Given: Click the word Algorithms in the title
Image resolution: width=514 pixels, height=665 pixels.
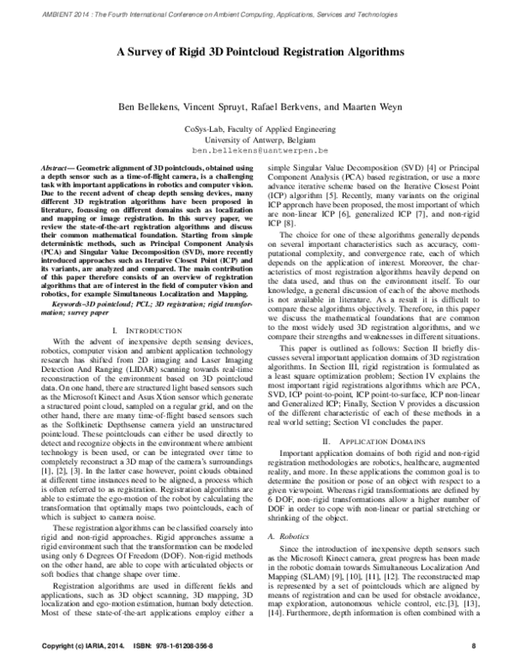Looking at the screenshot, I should click(x=372, y=51).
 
